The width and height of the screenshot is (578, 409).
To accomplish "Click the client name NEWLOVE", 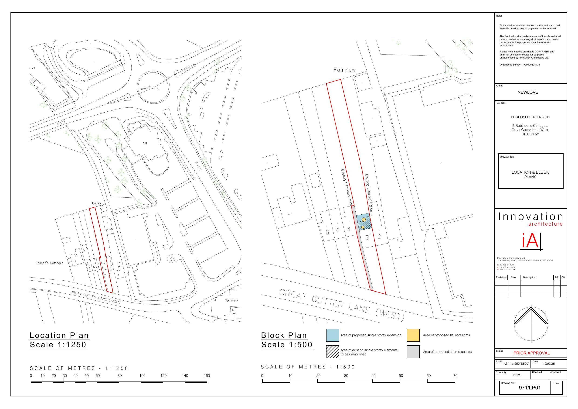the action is pyautogui.click(x=528, y=92).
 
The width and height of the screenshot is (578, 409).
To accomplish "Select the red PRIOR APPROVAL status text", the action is pyautogui.click(x=531, y=353).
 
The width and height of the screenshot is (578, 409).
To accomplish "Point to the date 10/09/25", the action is pyautogui.click(x=549, y=364).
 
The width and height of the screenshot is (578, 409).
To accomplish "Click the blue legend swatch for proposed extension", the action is pyautogui.click(x=333, y=335).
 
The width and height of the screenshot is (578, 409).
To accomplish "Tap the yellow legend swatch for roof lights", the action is pyautogui.click(x=413, y=335).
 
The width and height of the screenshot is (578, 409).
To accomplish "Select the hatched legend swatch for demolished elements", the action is pyautogui.click(x=333, y=352).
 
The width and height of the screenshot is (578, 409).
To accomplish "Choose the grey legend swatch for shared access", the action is pyautogui.click(x=413, y=352).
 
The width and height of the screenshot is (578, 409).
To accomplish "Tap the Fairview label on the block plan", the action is pyautogui.click(x=344, y=70).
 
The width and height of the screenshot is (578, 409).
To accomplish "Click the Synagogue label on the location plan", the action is pyautogui.click(x=232, y=300).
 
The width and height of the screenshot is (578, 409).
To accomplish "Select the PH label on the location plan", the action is pyautogui.click(x=145, y=143).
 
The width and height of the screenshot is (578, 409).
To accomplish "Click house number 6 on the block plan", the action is pyautogui.click(x=327, y=232).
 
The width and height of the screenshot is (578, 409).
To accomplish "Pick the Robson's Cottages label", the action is pyautogui.click(x=49, y=263).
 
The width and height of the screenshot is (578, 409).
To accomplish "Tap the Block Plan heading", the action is pyautogui.click(x=284, y=335).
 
